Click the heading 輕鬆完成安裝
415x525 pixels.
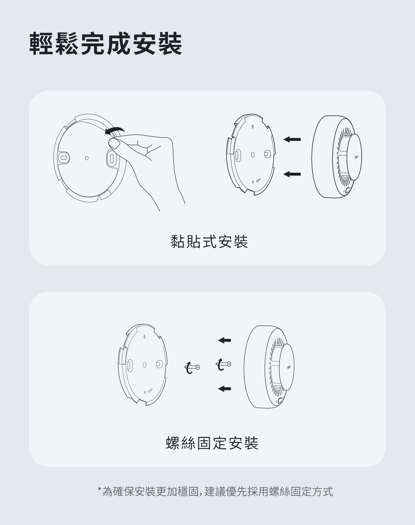(x=106, y=44)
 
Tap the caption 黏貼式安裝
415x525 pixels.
(x=209, y=242)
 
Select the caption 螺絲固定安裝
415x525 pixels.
(x=212, y=443)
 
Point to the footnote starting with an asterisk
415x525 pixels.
(x=215, y=491)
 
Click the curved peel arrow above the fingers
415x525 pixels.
(x=114, y=130)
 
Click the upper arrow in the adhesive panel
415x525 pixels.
(x=292, y=140)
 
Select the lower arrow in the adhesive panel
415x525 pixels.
(x=292, y=174)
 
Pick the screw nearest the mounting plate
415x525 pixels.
(x=192, y=367)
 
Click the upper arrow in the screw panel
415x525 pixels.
(x=224, y=340)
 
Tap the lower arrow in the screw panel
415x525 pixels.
(x=224, y=388)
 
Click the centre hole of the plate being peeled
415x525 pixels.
(x=87, y=158)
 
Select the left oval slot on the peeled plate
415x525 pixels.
(x=63, y=157)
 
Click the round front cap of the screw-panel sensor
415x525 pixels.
(x=286, y=367)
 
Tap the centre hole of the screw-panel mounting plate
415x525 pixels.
(x=144, y=365)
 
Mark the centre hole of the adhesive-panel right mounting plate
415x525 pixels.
(x=253, y=155)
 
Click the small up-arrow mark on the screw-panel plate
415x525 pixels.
(x=144, y=337)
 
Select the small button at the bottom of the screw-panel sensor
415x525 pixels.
(x=280, y=400)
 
